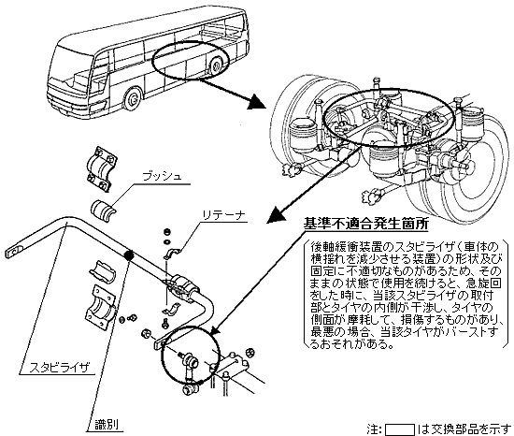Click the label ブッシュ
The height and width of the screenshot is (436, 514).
162,177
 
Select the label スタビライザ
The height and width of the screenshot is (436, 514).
60,367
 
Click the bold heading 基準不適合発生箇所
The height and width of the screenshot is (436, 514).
365,224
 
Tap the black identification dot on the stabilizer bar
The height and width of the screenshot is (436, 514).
128,254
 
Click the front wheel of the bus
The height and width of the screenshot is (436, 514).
133,99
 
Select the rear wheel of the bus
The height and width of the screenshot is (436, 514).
216,65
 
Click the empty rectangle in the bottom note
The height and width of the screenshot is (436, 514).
399,429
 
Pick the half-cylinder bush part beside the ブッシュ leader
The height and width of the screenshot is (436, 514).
103,209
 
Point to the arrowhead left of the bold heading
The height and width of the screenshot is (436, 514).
276,214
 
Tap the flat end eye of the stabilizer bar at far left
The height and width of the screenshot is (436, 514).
15,251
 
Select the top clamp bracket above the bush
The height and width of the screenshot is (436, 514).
102,168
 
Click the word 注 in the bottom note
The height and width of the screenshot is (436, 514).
372,429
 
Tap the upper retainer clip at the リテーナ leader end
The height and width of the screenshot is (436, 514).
171,254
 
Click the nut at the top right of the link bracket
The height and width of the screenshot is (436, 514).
250,353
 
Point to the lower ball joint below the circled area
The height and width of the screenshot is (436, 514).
189,391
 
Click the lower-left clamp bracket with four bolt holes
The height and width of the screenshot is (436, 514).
100,306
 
